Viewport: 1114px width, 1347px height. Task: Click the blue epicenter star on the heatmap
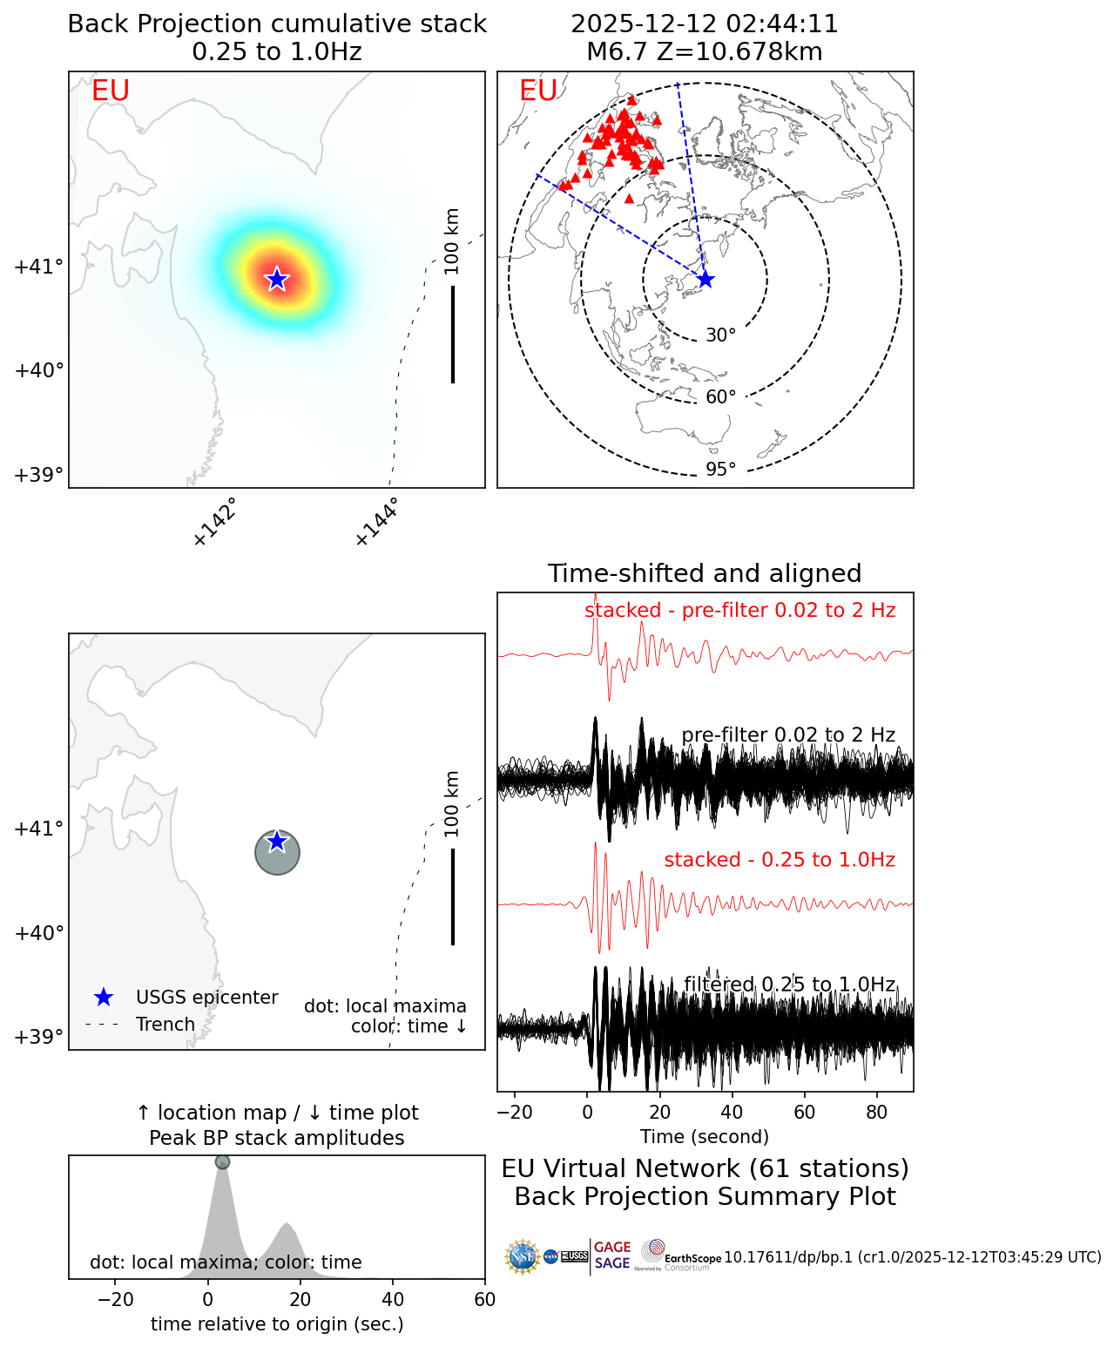coord(276,279)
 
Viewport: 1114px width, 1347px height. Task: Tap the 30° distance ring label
coord(720,335)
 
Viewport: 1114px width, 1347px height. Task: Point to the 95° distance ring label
coord(720,470)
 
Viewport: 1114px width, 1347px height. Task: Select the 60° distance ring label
coord(720,397)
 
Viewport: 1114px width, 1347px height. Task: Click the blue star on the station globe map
coord(705,280)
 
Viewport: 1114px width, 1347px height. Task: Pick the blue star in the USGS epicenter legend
coord(104,998)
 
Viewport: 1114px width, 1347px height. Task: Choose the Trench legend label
coord(165,1025)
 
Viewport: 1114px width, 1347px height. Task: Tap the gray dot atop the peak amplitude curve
coord(222,1162)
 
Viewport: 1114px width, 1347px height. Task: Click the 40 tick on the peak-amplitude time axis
coord(393,1300)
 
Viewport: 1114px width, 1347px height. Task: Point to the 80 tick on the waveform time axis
coord(877,1113)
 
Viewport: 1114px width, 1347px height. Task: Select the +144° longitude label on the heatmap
coord(377,522)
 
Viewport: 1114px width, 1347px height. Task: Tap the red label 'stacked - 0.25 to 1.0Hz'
coord(780,860)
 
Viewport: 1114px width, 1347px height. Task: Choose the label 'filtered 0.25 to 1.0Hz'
coord(789,985)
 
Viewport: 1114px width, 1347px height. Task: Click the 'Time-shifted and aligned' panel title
coord(705,573)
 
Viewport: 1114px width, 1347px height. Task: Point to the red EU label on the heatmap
coord(111,91)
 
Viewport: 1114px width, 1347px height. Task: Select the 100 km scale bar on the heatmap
coord(453,334)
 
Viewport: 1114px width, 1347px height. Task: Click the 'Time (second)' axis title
coord(705,1137)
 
